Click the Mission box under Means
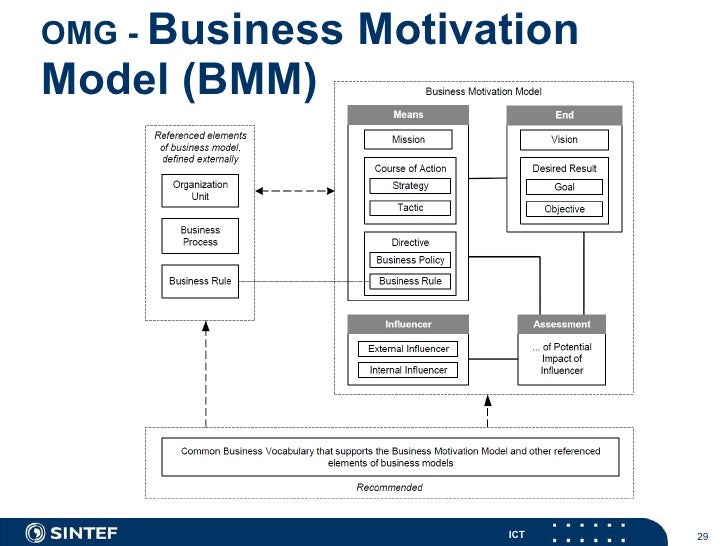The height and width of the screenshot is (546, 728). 408,140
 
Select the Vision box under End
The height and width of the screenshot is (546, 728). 564,140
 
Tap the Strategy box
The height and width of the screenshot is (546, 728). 410,186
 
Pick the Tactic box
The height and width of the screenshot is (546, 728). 410,208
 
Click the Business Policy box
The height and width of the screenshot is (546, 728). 410,260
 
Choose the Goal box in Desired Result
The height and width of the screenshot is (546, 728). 564,187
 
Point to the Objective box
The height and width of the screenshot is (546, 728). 564,209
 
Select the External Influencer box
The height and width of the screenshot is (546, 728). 407,349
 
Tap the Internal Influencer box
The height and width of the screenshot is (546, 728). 407,370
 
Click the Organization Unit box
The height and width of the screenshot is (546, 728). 200,190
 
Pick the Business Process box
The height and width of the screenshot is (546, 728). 200,235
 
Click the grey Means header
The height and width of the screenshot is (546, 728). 408,115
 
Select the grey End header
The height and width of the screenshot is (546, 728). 564,115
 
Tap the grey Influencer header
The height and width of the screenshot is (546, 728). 408,324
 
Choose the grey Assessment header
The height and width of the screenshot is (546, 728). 562,324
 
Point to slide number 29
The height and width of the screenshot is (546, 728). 701,535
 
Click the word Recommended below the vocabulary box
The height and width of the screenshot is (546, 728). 389,488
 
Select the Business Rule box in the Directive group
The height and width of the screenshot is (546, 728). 410,281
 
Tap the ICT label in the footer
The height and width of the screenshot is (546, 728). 516,535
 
